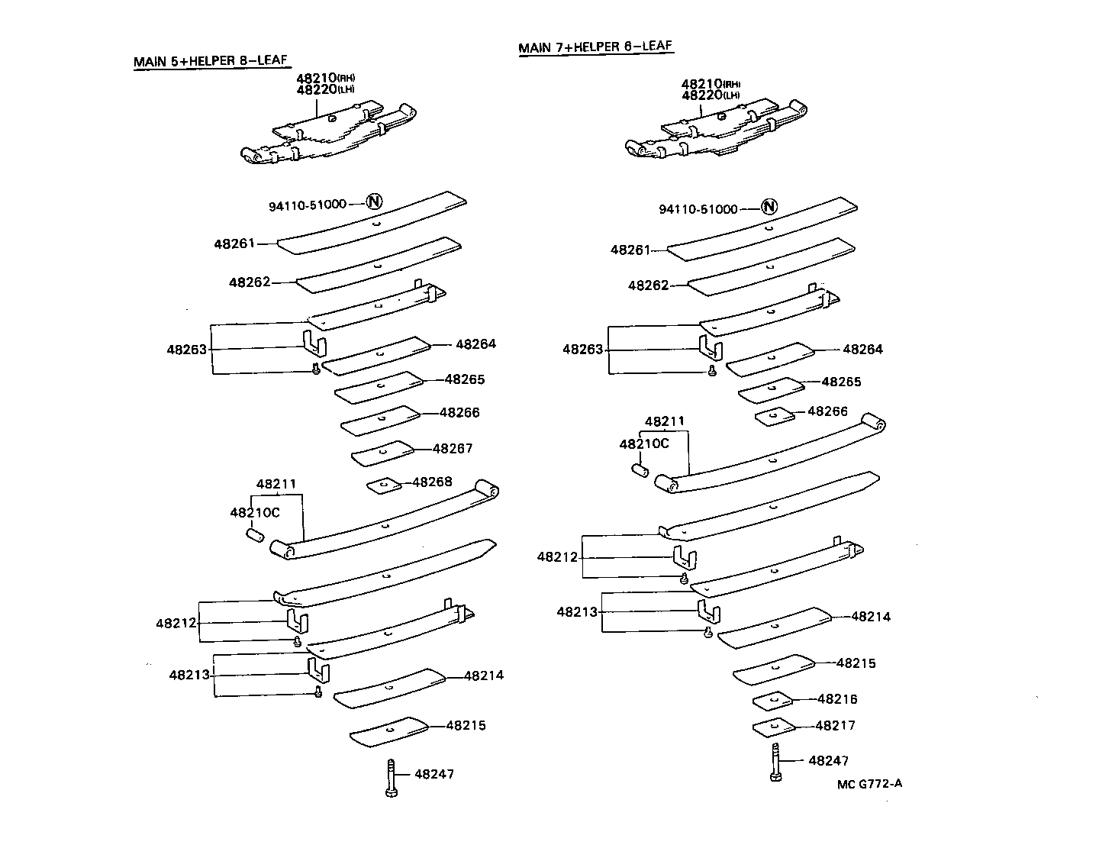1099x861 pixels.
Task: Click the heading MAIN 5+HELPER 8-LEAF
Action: click(x=211, y=61)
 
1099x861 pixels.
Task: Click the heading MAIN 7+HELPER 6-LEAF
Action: click(x=595, y=47)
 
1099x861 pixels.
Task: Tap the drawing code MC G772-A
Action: click(x=869, y=784)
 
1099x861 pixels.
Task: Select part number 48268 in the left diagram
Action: click(x=432, y=482)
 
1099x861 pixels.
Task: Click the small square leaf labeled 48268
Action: click(x=384, y=485)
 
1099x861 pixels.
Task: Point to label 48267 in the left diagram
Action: click(x=453, y=449)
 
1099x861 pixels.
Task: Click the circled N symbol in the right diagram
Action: click(x=769, y=207)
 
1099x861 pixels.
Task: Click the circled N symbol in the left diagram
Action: click(x=374, y=202)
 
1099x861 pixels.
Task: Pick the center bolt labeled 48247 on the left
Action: click(x=391, y=779)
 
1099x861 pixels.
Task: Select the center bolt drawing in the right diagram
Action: click(x=775, y=763)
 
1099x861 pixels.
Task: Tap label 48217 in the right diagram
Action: click(x=835, y=725)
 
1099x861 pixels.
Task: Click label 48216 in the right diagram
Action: click(x=837, y=698)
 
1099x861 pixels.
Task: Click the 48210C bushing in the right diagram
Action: click(x=640, y=469)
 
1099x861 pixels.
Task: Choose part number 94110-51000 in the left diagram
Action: click(x=307, y=205)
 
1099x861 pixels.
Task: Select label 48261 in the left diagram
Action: click(x=234, y=243)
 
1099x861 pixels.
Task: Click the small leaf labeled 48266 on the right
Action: click(x=775, y=417)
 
